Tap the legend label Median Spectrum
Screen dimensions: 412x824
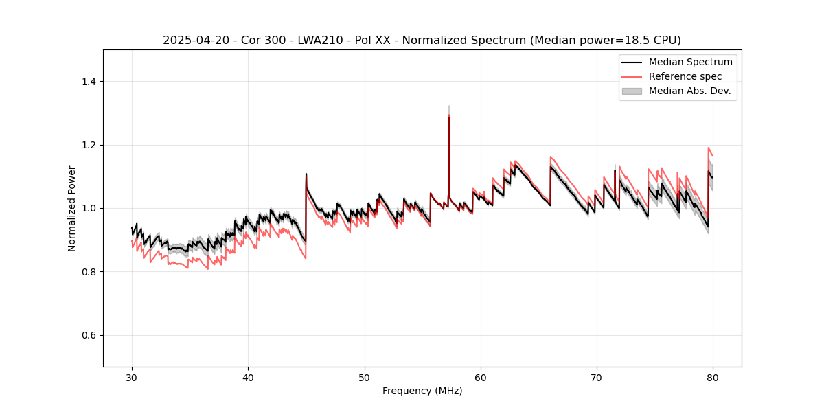click(690, 62)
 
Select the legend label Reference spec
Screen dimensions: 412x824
click(685, 76)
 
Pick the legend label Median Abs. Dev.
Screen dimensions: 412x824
click(690, 91)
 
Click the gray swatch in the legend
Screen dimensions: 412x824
click(632, 91)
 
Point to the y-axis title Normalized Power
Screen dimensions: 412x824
click(72, 208)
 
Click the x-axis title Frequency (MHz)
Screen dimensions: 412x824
click(422, 391)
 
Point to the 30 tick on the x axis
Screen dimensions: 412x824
click(132, 377)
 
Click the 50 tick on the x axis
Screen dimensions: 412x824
click(364, 377)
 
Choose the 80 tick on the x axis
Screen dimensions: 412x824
click(713, 377)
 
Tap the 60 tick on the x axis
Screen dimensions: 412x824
click(481, 377)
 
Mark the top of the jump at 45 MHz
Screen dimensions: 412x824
click(306, 174)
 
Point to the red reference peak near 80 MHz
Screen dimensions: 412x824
click(709, 148)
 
